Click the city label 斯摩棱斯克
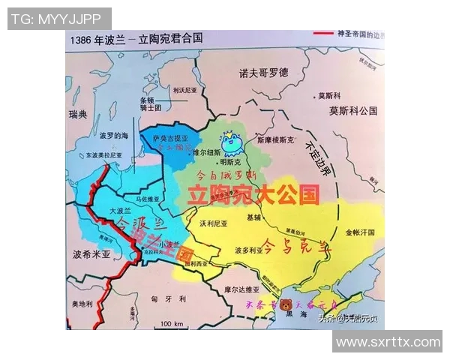click(279, 139)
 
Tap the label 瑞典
click(77, 114)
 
